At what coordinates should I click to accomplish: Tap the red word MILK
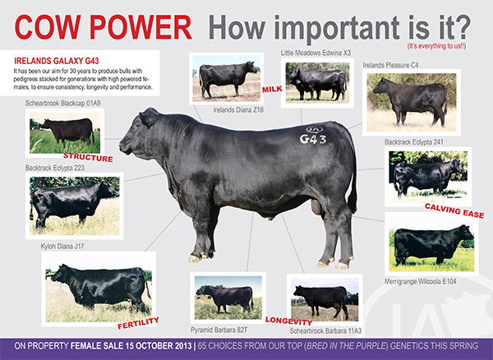272,90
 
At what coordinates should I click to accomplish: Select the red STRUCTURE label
88,157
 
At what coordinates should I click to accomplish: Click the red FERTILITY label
138,323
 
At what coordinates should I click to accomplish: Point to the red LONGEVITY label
288,321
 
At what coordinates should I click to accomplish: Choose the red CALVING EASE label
454,210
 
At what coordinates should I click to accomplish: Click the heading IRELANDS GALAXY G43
57,61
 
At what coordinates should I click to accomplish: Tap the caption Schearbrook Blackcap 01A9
63,103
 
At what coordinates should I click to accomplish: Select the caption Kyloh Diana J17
62,247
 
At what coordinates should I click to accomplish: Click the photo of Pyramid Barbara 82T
228,298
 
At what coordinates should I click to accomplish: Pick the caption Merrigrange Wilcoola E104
420,281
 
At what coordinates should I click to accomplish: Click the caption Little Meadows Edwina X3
316,53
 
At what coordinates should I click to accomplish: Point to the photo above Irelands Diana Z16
227,78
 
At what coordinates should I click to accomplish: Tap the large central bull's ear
149,117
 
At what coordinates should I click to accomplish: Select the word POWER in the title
141,27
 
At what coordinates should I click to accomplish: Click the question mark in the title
462,27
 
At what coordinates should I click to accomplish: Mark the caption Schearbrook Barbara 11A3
325,330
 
